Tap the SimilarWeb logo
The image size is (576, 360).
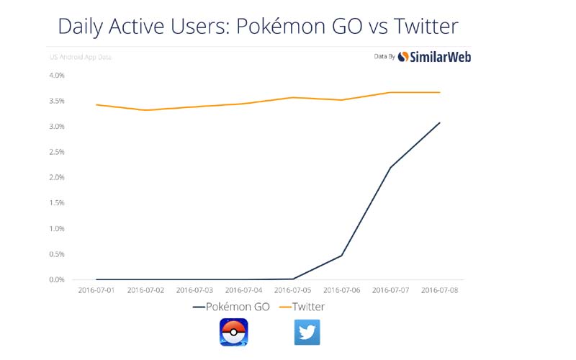pos(434,56)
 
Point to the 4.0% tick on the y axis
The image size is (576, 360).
pos(57,75)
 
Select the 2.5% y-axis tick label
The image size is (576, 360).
pos(57,152)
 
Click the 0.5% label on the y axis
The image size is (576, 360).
pos(57,254)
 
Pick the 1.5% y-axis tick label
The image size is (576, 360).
pos(57,203)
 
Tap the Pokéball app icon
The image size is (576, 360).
pos(233,333)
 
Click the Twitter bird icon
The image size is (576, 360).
pos(307,333)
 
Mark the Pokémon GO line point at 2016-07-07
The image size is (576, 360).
pos(390,167)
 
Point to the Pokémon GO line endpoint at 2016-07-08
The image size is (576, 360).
pos(439,122)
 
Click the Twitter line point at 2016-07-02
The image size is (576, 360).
pos(145,110)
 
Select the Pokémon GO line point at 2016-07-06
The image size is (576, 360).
pos(341,255)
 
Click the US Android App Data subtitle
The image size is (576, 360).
pos(79,56)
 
